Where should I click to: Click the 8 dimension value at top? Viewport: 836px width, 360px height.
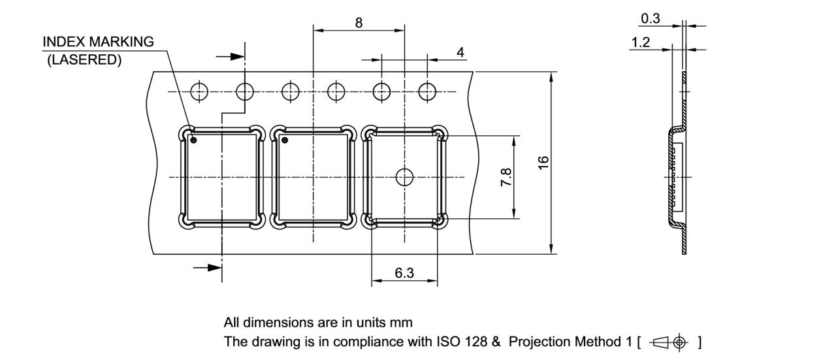click(359, 22)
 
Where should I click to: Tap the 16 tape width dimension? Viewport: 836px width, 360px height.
click(543, 161)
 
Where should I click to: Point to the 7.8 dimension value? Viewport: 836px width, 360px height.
click(506, 177)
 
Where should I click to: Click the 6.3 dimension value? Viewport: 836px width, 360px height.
click(404, 273)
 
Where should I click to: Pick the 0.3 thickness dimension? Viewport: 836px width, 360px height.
click(650, 19)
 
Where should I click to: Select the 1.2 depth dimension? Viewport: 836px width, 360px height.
click(641, 42)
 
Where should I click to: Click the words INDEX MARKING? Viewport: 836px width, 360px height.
click(98, 42)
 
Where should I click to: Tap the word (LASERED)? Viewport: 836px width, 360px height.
click(85, 59)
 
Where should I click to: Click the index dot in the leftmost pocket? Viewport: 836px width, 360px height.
click(193, 140)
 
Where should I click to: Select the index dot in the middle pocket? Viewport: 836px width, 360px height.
click(284, 140)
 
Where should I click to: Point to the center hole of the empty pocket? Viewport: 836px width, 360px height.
click(404, 176)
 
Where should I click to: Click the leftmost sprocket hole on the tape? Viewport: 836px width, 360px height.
click(199, 92)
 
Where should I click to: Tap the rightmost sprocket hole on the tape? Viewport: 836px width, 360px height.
click(427, 92)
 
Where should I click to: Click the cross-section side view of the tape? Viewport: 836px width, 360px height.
click(678, 176)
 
